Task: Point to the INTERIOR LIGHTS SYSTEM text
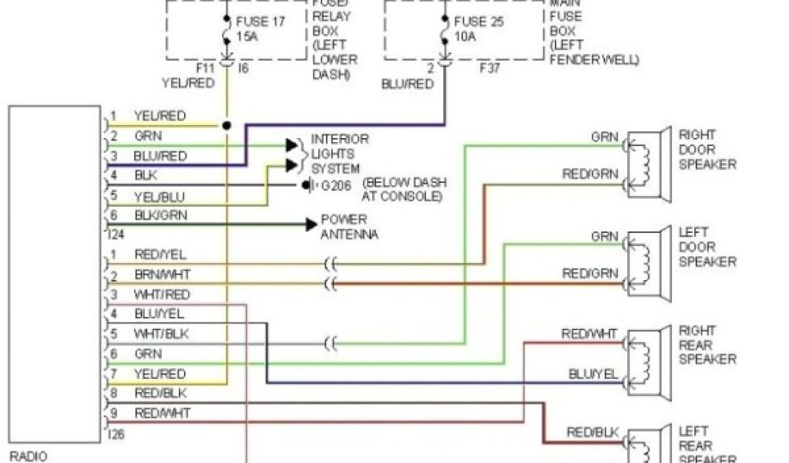[339, 154]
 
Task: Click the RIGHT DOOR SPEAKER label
[707, 150]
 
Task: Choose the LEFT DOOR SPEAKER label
[707, 247]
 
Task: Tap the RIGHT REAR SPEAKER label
[707, 345]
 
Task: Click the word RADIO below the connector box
[28, 455]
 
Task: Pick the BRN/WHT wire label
[163, 274]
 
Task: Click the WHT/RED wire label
[161, 294]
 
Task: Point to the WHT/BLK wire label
[161, 334]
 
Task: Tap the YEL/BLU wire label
[159, 196]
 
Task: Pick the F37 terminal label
[490, 68]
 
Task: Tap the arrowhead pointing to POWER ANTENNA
[310, 225]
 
